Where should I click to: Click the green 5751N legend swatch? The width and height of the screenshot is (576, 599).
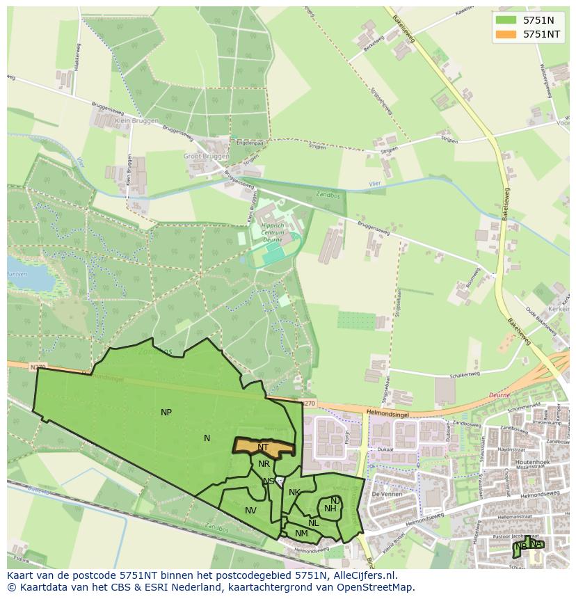506,20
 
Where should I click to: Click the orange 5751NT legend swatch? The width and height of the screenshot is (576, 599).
506,33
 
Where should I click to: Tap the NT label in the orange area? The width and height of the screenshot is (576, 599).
263,447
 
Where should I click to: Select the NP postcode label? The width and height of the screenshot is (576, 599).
166,413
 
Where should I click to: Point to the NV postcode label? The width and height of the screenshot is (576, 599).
250,511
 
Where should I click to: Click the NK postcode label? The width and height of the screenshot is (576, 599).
294,493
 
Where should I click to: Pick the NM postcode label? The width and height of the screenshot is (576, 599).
301,534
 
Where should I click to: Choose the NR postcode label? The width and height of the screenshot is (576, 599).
264,464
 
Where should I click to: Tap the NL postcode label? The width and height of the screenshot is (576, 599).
314,523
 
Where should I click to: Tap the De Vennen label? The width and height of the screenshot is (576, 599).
383,494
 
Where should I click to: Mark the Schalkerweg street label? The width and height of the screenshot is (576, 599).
465,374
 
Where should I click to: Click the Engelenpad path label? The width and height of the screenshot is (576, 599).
250,143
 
